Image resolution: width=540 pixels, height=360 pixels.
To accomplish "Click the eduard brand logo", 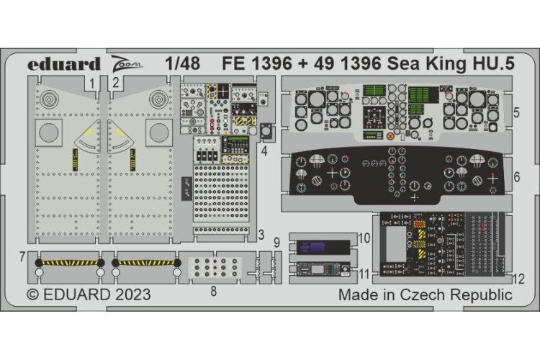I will tap(64, 64).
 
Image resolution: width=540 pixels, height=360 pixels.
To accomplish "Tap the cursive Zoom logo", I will tap(126, 63).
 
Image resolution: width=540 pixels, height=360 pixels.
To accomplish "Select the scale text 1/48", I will tap(181, 63).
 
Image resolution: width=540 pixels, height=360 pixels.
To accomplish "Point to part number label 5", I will tap(518, 113).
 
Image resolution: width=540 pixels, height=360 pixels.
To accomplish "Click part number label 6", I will tap(518, 177).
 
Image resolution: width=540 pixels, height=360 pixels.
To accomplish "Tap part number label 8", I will tap(212, 290).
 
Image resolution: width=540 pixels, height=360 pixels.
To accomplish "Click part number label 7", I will tap(22, 256).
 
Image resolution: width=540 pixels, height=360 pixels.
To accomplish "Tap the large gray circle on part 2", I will tap(157, 132).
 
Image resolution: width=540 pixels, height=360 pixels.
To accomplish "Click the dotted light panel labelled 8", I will tap(212, 267).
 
